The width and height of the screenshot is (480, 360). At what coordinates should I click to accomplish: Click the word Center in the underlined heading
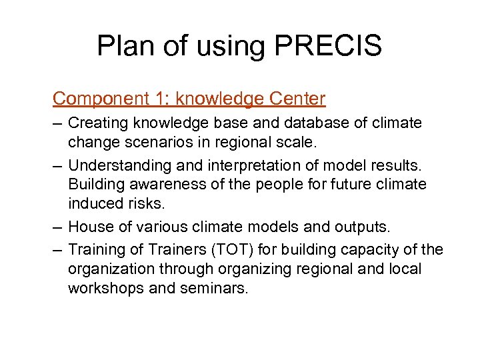pos(297,99)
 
